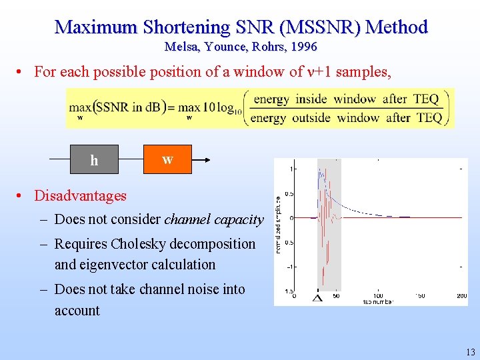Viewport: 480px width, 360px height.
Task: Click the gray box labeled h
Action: pos(94,159)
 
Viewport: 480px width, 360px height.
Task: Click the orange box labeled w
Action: pos(167,159)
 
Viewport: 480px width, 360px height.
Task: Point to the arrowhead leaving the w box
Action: pos(208,159)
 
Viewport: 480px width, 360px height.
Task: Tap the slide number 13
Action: pos(470,352)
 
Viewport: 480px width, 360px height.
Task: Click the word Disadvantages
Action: pos(81,195)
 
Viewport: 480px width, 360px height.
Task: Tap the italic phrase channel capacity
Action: pos(214,219)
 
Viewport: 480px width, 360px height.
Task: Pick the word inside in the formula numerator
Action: pos(311,99)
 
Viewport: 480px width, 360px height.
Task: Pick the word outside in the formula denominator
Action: pos(311,118)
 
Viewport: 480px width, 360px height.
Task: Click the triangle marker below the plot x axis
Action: pos(317,298)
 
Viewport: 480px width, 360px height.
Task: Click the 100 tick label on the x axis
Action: pos(377,295)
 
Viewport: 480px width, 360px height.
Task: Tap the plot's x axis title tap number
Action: pos(378,302)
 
